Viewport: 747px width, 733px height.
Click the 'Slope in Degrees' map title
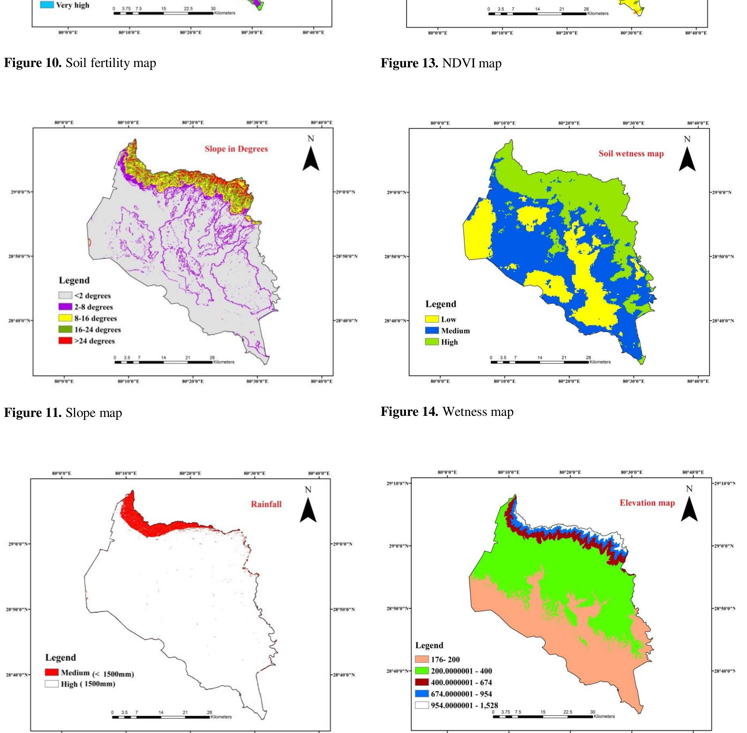tap(236, 149)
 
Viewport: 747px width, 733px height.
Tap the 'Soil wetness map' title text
tap(631, 154)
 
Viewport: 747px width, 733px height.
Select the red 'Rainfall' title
tap(266, 504)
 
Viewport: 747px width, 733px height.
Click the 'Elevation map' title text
tap(647, 503)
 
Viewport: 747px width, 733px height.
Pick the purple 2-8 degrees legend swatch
tap(66, 307)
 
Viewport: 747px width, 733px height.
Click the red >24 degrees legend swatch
tap(66, 341)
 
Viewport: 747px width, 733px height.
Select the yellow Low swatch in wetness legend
tap(432, 319)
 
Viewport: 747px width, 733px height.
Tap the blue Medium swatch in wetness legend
tap(432, 330)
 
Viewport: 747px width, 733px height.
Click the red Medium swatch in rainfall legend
tap(52, 672)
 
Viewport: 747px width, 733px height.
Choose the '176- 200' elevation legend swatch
tap(422, 660)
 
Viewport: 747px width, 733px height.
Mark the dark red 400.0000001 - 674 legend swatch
tap(422, 682)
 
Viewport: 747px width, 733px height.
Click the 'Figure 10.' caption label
tap(33, 63)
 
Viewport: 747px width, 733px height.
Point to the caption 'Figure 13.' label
tap(410, 63)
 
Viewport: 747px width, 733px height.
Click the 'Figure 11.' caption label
tap(33, 413)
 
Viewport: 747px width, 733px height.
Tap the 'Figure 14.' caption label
tap(410, 412)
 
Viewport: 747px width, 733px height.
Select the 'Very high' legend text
tap(73, 5)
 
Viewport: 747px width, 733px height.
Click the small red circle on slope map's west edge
tap(89, 242)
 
